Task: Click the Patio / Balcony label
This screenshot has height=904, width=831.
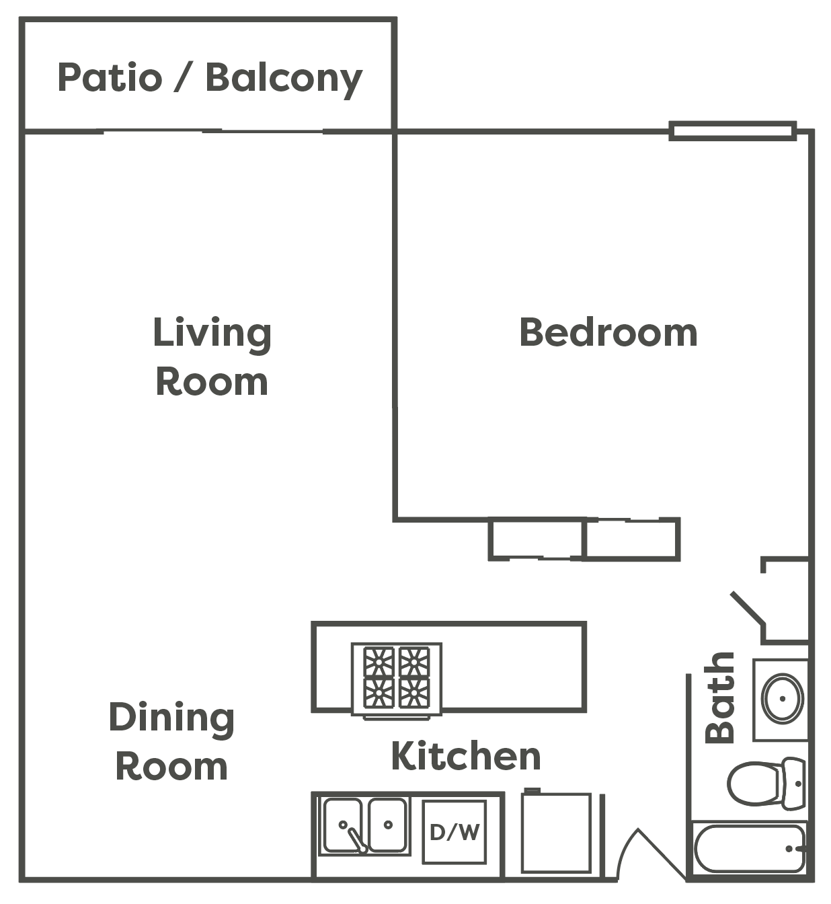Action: (x=210, y=78)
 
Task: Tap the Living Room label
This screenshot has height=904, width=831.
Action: (x=212, y=357)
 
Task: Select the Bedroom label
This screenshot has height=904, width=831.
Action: (x=608, y=333)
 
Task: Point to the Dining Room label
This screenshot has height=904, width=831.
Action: (x=171, y=742)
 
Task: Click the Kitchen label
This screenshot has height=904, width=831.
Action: (x=466, y=756)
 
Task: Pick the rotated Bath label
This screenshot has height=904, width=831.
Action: (x=720, y=698)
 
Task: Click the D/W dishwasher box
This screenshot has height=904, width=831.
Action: (x=454, y=832)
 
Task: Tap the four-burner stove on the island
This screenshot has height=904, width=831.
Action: (x=397, y=679)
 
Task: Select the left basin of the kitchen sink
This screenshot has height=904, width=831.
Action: (x=342, y=825)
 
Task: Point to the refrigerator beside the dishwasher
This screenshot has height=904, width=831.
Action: (x=556, y=833)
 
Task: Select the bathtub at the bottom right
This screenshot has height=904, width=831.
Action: (x=750, y=849)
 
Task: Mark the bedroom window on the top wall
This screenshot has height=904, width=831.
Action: (x=733, y=130)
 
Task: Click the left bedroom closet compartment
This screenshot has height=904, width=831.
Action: (x=536, y=539)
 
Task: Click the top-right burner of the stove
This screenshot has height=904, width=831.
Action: (x=414, y=662)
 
